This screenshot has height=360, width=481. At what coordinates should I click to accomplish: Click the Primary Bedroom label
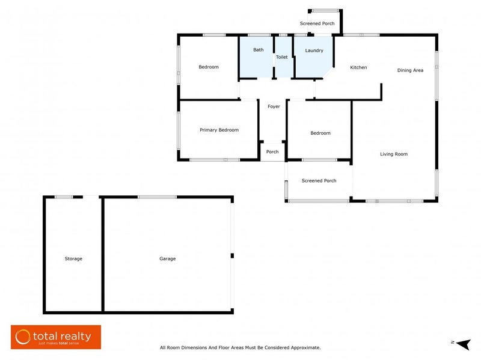[219, 130]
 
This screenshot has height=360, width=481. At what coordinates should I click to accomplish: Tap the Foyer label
[274, 106]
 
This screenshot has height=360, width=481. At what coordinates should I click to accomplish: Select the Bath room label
[258, 50]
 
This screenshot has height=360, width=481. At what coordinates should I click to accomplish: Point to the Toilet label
[281, 57]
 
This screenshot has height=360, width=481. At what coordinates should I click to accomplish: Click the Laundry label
[314, 50]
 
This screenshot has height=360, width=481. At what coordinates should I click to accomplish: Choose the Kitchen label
[358, 67]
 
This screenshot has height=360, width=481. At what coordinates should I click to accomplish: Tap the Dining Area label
[410, 70]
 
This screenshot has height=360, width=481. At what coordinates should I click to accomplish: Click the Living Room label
[394, 154]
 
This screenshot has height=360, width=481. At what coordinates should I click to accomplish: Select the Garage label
[167, 258]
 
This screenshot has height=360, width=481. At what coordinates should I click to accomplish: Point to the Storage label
[73, 258]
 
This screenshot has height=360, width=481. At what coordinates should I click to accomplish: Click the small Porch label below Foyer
[272, 151]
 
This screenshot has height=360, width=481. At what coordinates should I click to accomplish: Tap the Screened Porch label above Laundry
[317, 23]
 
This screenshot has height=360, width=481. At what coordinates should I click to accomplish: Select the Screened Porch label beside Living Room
[319, 180]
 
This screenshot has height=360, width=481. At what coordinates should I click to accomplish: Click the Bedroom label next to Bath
[209, 67]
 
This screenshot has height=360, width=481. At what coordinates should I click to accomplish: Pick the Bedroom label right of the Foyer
[320, 133]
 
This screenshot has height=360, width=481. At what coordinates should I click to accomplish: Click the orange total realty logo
[56, 337]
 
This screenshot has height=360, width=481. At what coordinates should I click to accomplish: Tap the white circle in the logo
[23, 337]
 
